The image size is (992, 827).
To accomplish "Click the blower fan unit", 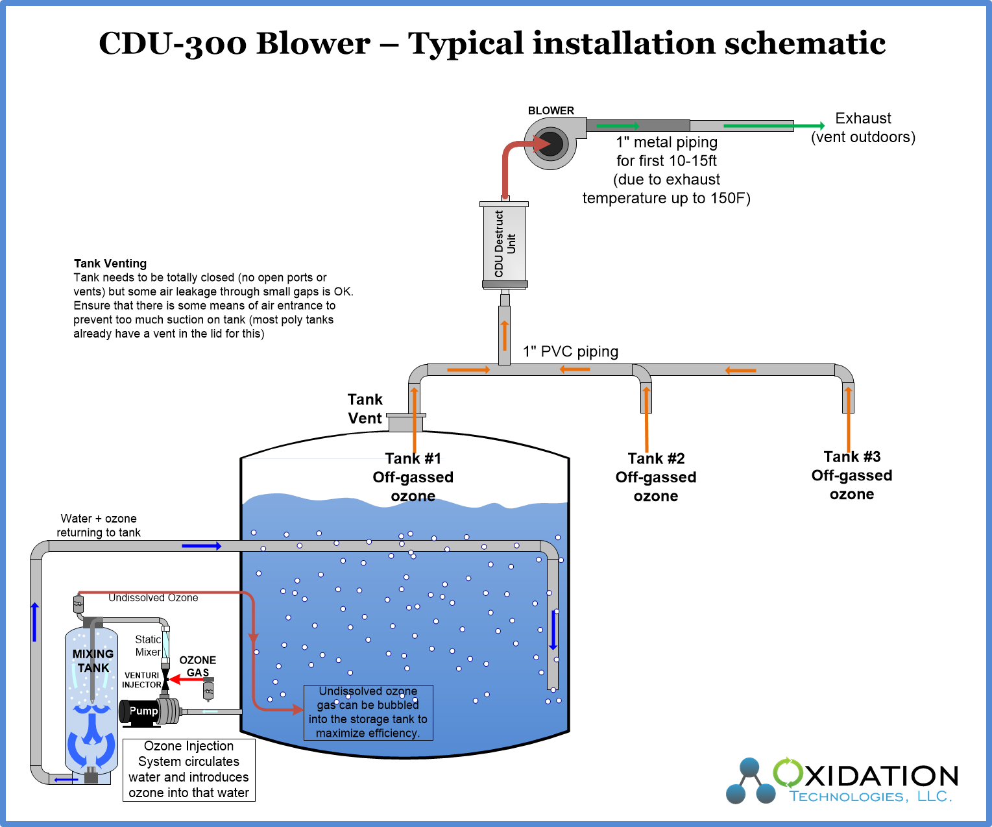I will coord(550,144).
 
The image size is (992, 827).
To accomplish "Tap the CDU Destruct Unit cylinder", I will coord(505,244).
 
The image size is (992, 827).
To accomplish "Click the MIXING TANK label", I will coord(93,661).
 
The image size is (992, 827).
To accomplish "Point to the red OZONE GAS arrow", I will coord(186,680).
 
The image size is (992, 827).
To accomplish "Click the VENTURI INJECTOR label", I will coord(141,680).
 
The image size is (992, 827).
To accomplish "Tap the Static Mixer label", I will coord(148,645).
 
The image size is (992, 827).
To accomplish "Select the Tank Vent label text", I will coord(365,409).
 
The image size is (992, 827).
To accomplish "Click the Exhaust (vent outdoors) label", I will coord(863,128).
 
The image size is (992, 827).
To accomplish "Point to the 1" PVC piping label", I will coord(571,352).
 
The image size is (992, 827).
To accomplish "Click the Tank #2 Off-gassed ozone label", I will coord(656,478).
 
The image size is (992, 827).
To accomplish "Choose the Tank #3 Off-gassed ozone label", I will coord(852,476).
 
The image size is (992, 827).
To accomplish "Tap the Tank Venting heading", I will coord(110,264).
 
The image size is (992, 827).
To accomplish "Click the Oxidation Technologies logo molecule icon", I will coord(750,782).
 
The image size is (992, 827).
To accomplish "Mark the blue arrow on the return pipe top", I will coord(201,546).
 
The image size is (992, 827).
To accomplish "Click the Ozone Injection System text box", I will coord(189,770).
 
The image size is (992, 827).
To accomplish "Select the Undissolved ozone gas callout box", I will coord(368,713).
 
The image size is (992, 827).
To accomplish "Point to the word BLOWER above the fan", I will coord(551,111).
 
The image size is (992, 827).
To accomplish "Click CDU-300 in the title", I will coord(173,44).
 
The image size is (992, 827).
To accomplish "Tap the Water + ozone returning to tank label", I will coord(99,526).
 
